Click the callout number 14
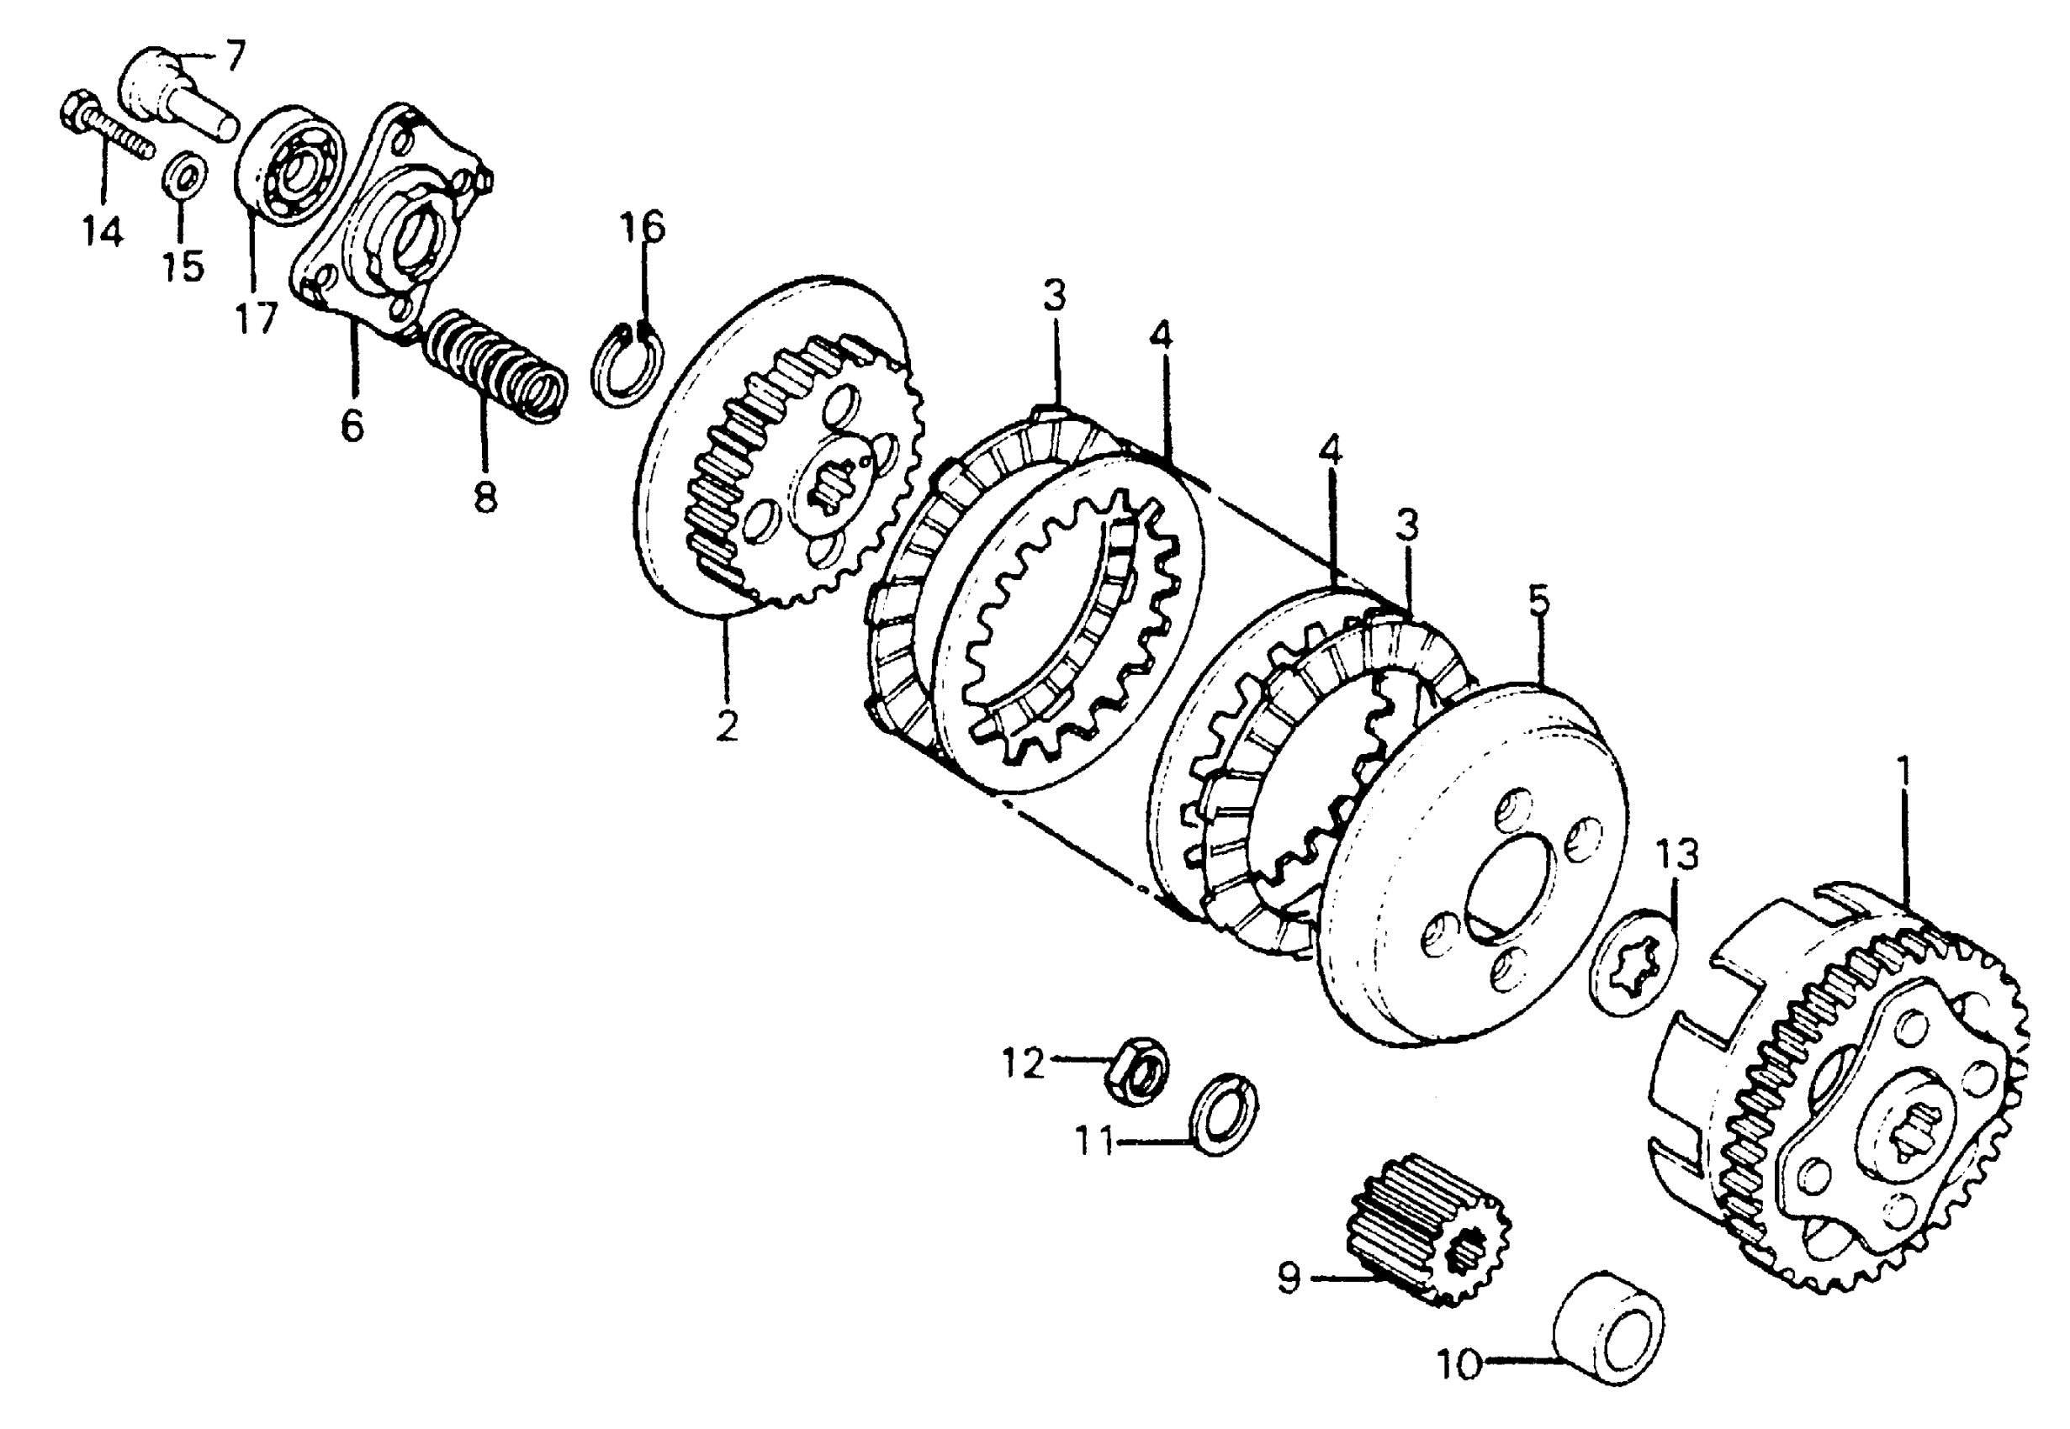102,232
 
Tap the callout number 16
643,228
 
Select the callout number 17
257,318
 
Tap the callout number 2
727,725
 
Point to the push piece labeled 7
176,99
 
